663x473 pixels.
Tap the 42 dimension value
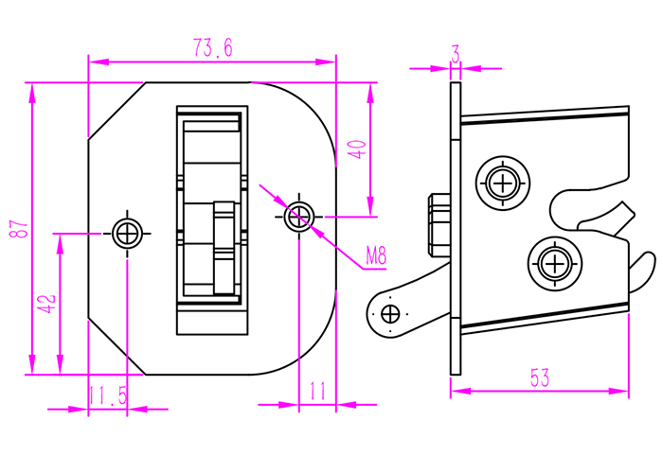click(x=45, y=305)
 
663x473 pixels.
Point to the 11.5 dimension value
click(x=107, y=395)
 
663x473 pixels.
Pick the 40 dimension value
click(x=356, y=149)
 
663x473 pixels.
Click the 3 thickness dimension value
click(x=456, y=56)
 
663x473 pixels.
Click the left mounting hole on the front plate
click(x=127, y=232)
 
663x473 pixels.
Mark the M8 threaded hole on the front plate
click(x=299, y=216)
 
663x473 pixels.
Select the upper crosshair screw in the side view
click(x=501, y=181)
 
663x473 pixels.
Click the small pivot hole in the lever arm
click(x=389, y=313)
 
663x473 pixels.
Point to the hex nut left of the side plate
click(x=439, y=226)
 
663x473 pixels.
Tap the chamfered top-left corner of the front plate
click(x=115, y=111)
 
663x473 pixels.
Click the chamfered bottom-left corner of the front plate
click(x=115, y=345)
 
